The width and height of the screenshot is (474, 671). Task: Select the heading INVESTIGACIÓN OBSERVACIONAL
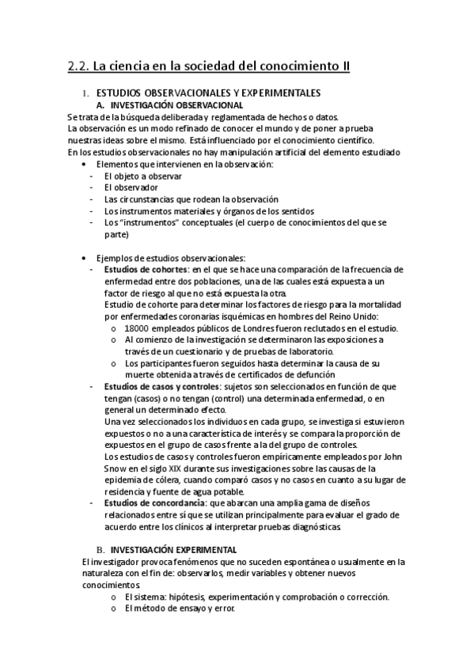176,105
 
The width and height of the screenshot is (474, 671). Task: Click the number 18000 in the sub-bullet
138,328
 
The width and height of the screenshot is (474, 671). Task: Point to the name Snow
116,468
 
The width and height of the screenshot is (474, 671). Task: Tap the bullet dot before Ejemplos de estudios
84,258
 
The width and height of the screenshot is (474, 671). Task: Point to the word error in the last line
225,608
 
